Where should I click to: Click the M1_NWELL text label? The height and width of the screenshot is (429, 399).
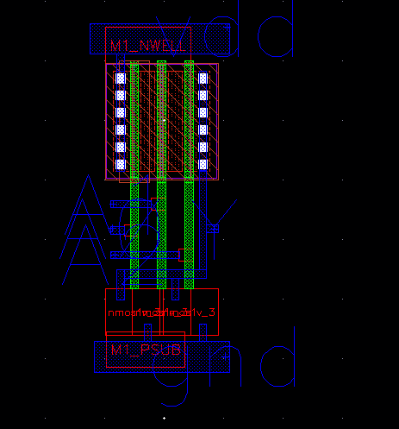point(147,45)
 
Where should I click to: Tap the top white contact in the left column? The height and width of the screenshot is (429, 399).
point(122,78)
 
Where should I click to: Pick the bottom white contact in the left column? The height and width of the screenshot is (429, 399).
point(122,164)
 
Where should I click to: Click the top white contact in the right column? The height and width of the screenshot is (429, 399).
point(203,78)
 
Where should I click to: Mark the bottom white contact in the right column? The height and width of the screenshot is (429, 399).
point(203,164)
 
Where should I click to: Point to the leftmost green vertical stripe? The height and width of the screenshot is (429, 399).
point(134,173)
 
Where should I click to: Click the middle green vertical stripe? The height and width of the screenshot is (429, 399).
point(161,173)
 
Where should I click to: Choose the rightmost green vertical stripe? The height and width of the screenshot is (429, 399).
point(189,173)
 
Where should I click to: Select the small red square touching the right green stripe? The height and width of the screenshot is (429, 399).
point(181,254)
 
